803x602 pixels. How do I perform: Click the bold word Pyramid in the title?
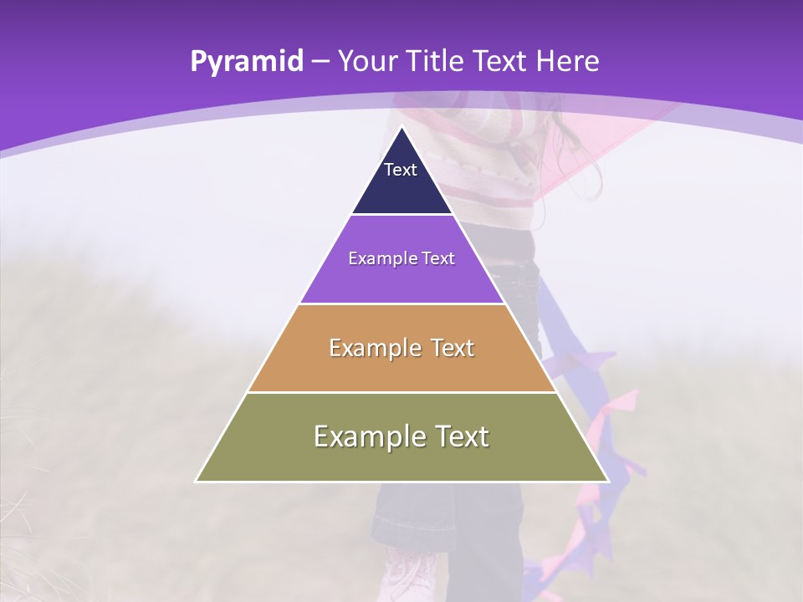coord(246,62)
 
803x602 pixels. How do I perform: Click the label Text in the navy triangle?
coord(401,170)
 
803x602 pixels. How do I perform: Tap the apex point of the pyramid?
coord(401,128)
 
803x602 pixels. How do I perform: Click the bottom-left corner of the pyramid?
coord(197,481)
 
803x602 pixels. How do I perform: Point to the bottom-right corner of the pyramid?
coord(607,481)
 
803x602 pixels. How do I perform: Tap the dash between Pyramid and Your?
coord(320,62)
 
